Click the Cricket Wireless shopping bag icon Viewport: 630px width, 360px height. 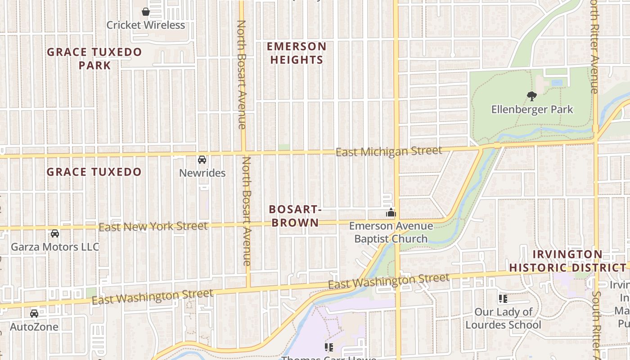point(146,12)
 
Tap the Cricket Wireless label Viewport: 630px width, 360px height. point(146,25)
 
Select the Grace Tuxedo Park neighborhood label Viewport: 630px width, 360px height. point(94,58)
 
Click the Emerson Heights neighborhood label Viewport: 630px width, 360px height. point(297,53)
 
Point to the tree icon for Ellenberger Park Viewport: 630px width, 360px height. point(531,96)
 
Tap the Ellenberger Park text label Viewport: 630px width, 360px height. point(532,109)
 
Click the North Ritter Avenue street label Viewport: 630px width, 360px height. point(594,47)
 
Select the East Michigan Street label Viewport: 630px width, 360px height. point(389,151)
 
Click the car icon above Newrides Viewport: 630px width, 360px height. point(202,160)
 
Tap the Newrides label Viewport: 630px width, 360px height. point(202,173)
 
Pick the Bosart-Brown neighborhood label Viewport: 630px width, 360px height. point(294,216)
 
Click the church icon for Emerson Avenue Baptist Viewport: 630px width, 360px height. point(391,212)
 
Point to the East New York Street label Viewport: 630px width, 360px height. point(153,226)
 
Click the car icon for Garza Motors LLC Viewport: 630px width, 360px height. point(54,234)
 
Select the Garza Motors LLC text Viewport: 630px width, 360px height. point(55,247)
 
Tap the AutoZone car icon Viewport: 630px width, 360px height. point(34,314)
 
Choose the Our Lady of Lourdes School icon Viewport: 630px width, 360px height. point(503,298)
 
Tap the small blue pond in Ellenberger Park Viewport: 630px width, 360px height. point(557,83)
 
